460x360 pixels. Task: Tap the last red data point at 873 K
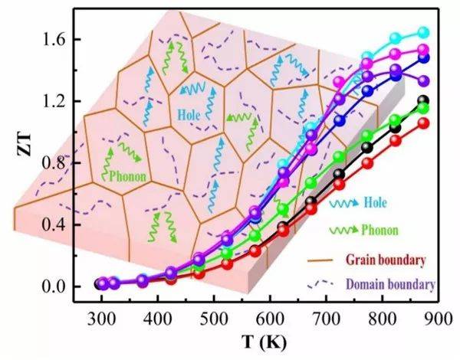pyautogui.click(x=423, y=123)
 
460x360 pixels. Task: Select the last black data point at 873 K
pyautogui.click(x=423, y=101)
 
